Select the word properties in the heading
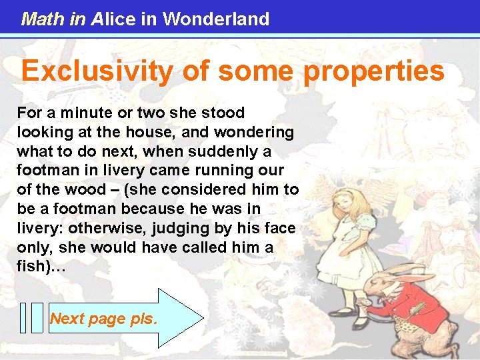(374, 71)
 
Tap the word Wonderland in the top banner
(216, 19)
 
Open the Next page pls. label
(104, 319)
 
